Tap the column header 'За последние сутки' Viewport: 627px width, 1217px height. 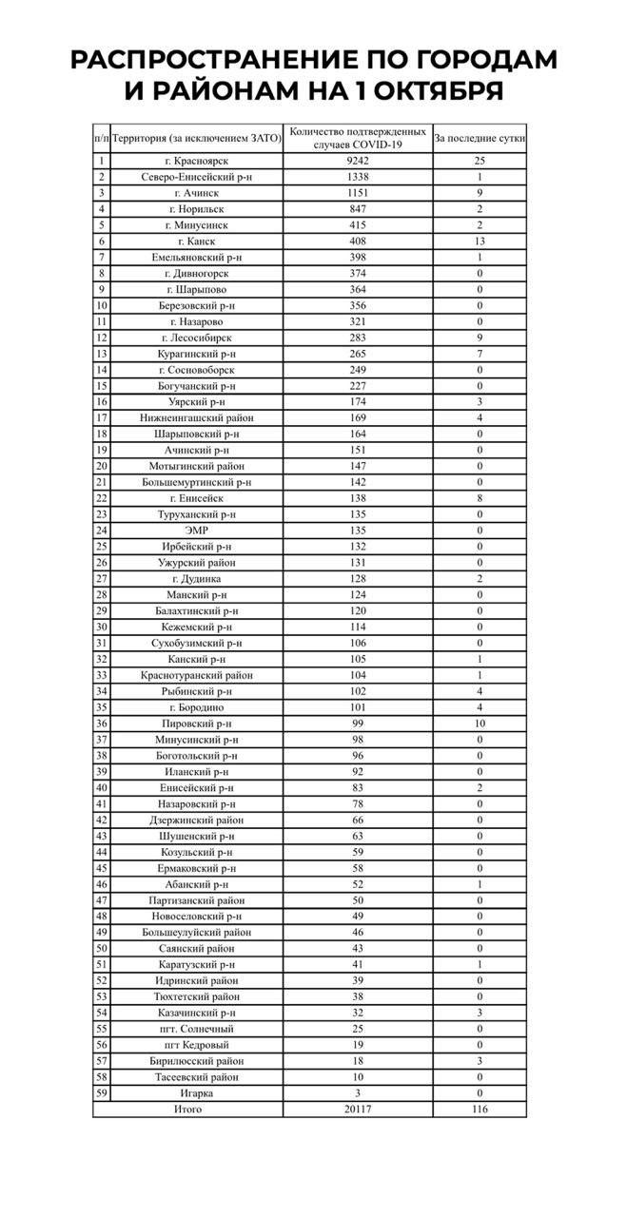480,138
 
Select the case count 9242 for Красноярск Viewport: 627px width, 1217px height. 358,161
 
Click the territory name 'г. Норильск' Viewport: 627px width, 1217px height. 198,209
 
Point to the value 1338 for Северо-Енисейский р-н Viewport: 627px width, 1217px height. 358,177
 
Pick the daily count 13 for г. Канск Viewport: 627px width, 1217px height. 480,241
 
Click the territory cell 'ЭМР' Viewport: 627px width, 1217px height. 198,531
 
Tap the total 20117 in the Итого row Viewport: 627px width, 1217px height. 358,1109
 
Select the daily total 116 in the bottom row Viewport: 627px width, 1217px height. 480,1109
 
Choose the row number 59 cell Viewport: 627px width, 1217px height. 102,1093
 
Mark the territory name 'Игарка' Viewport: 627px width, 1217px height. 198,1093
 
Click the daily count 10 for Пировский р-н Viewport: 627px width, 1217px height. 480,724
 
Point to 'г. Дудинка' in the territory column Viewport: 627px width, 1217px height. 198,579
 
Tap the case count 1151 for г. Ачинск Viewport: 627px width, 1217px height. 358,193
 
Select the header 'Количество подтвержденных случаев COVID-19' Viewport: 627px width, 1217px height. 358,138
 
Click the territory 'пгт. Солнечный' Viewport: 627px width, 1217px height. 198,1029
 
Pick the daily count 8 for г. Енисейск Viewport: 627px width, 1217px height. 480,498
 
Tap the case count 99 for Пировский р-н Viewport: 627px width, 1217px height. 358,724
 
